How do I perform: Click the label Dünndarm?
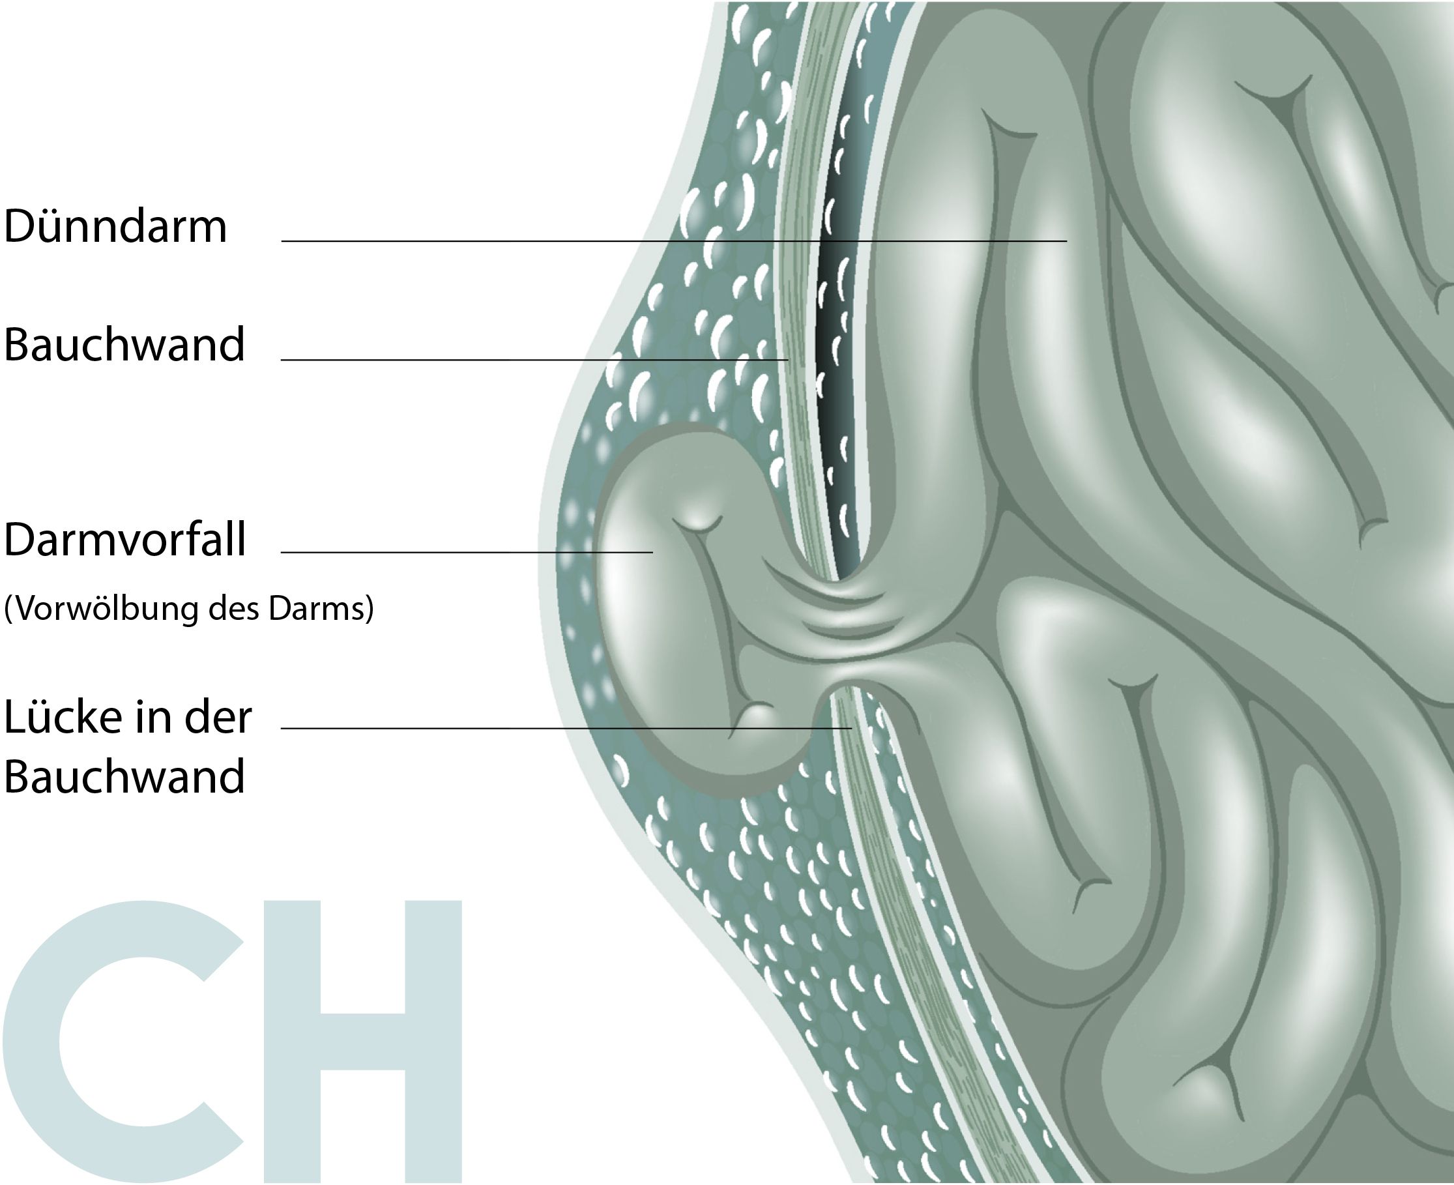click(115, 226)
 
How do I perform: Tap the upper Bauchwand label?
click(124, 344)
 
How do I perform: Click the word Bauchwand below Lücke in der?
click(124, 776)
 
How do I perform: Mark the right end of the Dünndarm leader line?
click(1066, 241)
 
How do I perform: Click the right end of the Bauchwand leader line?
click(788, 359)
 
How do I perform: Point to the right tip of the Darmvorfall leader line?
click(652, 551)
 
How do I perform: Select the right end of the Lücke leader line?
click(851, 728)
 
